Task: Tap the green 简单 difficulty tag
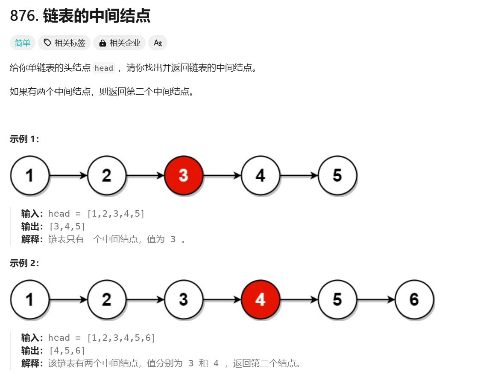[23, 43]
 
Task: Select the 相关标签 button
[64, 43]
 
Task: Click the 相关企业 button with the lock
[120, 43]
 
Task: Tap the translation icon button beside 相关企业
[158, 43]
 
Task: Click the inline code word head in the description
[104, 68]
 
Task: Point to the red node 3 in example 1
[183, 175]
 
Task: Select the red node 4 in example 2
[260, 299]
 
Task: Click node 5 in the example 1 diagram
[337, 175]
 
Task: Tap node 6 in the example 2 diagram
[414, 299]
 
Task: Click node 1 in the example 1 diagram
[29, 175]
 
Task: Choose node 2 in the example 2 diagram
[106, 299]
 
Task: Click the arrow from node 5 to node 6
[375, 299]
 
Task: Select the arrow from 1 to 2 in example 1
[68, 175]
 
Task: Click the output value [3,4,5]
[67, 226]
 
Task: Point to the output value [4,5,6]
[67, 351]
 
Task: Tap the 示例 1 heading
[24, 139]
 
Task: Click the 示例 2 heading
[24, 263]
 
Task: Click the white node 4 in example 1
[260, 175]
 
